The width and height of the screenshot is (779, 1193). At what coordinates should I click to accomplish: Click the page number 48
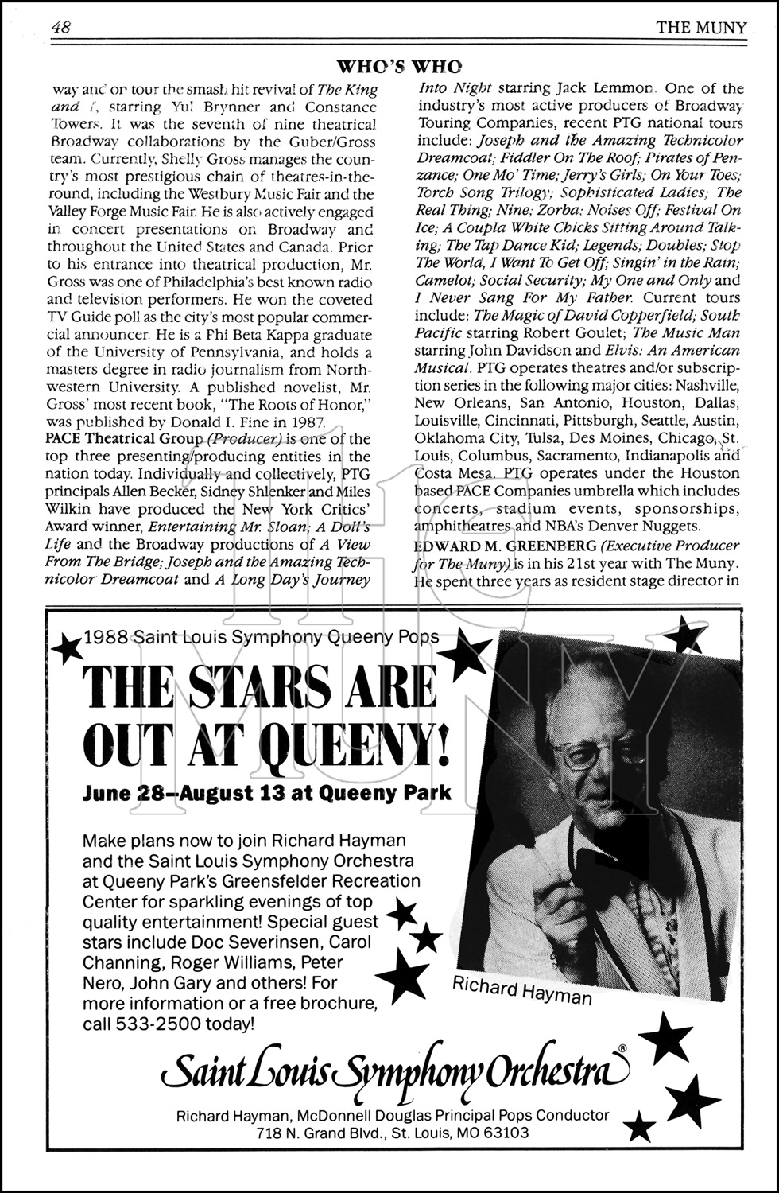(x=61, y=28)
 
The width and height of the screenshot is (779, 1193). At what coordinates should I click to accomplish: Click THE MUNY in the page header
(x=701, y=29)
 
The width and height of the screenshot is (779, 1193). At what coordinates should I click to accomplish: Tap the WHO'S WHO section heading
(x=400, y=66)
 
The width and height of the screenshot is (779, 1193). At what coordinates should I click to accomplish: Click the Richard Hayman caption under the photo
(x=522, y=990)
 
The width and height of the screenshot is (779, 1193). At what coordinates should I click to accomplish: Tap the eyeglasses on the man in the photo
(x=591, y=752)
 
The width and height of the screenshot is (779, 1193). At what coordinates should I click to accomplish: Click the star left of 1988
(x=67, y=649)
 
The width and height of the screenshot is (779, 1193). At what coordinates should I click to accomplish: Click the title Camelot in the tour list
(x=441, y=281)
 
